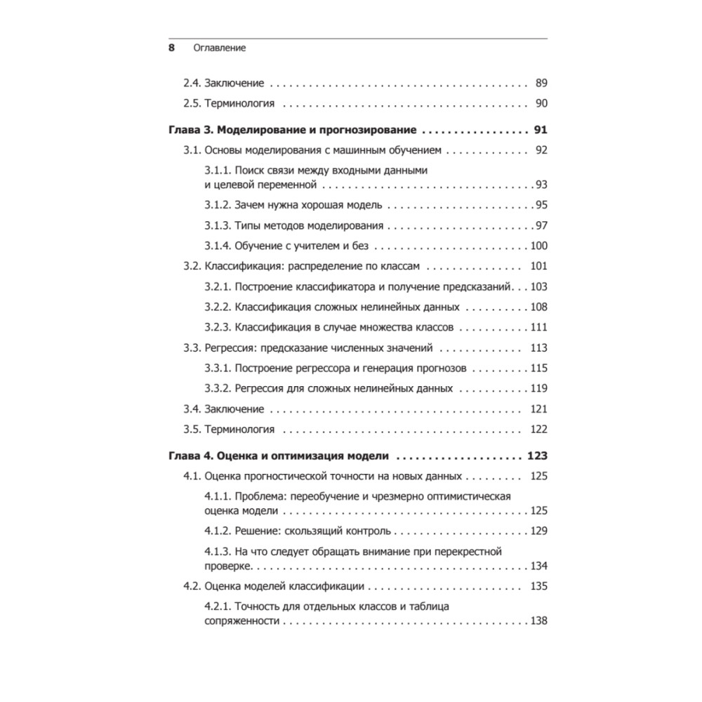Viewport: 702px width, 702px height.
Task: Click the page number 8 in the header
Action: click(171, 48)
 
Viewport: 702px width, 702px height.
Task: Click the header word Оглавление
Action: click(220, 48)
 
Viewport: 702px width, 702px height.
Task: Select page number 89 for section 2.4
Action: click(541, 83)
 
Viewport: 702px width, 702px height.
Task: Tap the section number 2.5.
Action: click(192, 104)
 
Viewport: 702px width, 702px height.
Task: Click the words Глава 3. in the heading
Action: click(189, 131)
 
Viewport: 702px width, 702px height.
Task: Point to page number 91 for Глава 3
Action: click(540, 131)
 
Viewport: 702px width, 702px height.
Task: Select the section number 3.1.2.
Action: click(218, 205)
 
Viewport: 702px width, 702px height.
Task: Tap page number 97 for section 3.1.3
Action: click(541, 225)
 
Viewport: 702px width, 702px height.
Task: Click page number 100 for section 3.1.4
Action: click(538, 246)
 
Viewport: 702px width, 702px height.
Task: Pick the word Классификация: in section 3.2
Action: click(239, 266)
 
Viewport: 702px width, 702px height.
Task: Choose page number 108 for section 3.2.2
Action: click(538, 307)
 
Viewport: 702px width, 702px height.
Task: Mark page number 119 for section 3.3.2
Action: click(538, 388)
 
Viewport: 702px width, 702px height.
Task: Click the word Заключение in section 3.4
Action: click(234, 409)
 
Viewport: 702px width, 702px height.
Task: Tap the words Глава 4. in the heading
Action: click(189, 456)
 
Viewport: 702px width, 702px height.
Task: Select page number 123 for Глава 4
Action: click(537, 456)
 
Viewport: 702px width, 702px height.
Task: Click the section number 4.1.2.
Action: click(218, 531)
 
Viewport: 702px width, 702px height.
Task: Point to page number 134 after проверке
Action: click(538, 566)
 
